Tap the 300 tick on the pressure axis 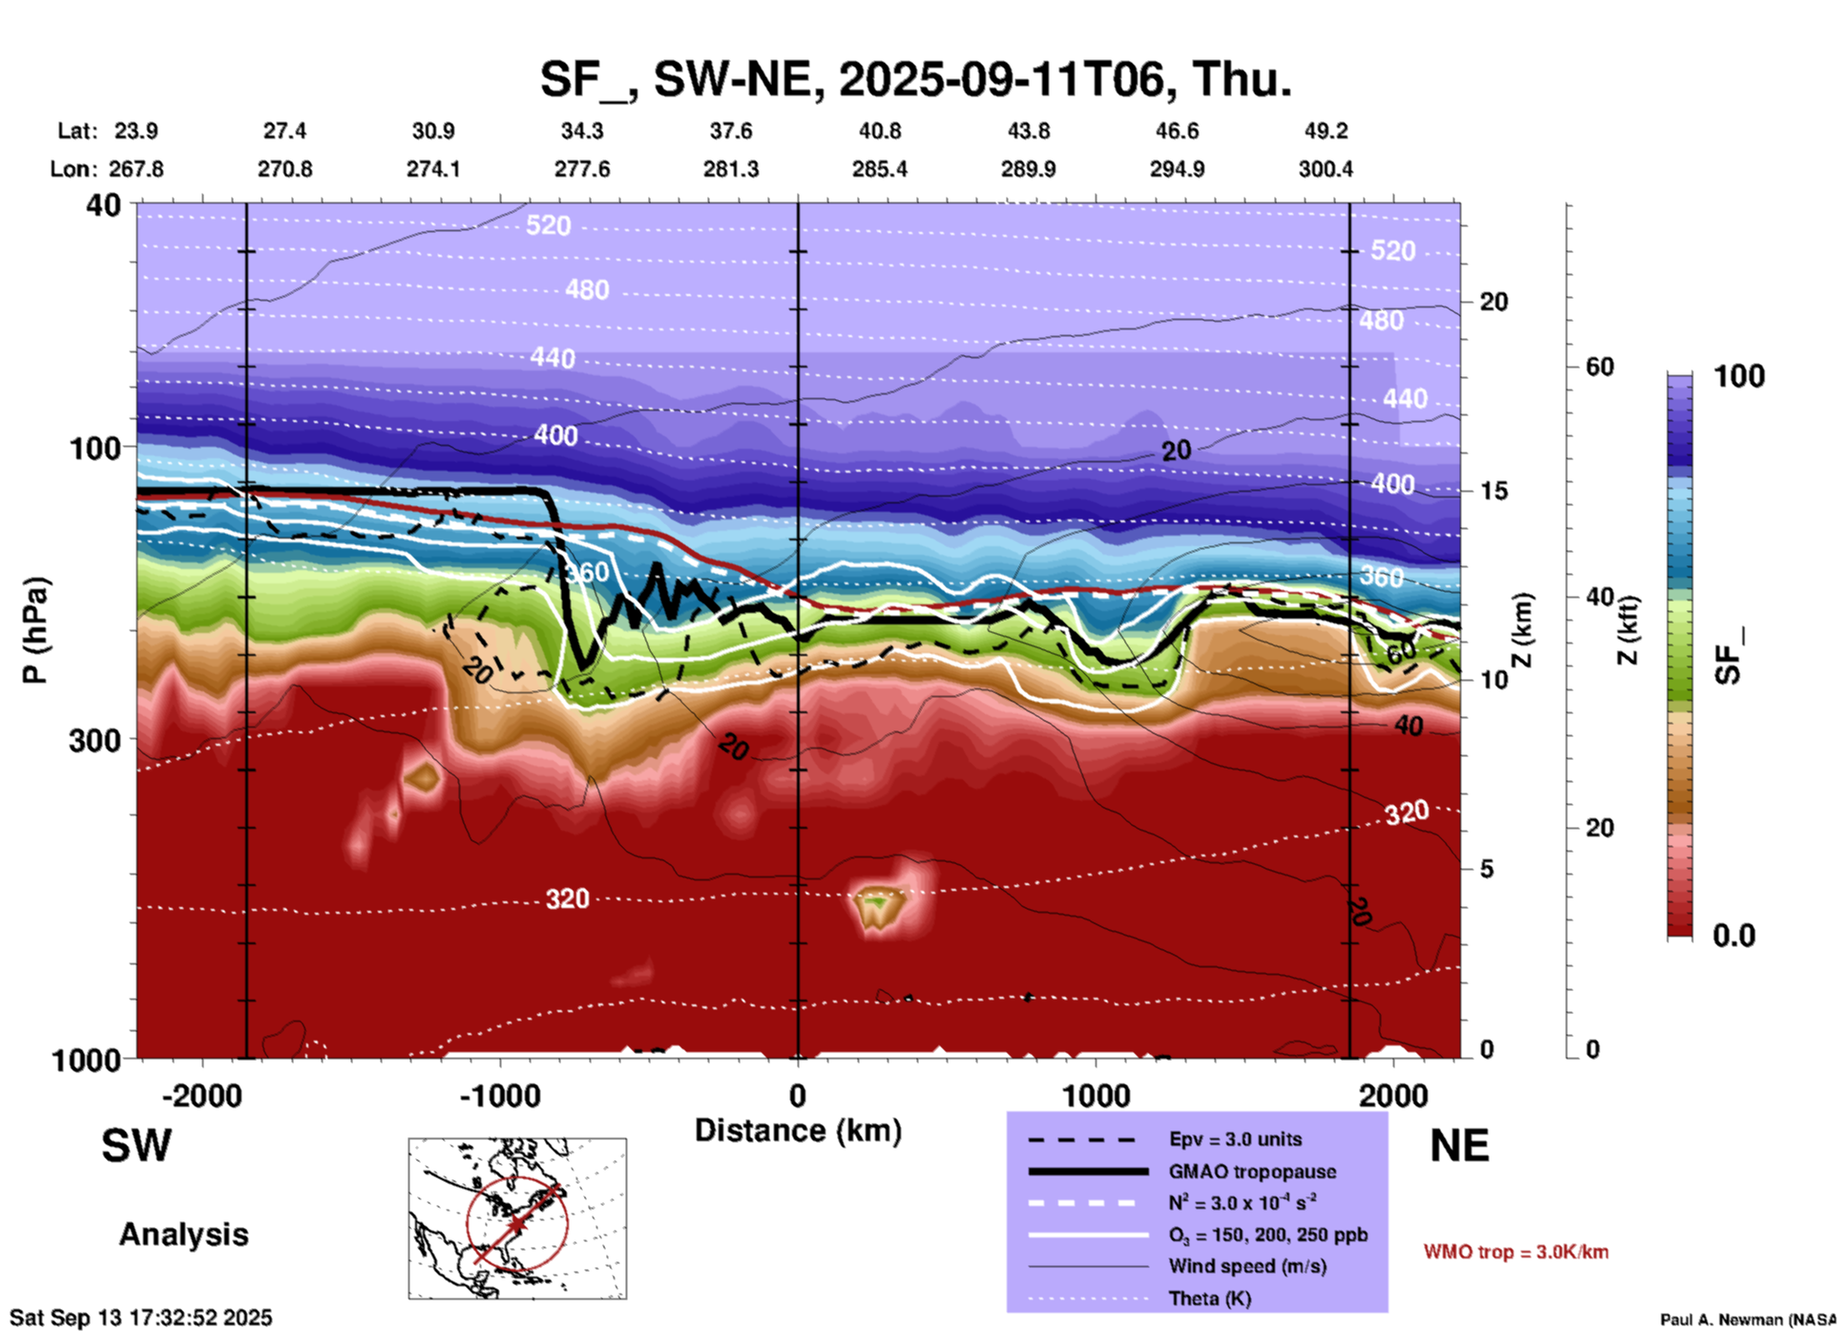[94, 740]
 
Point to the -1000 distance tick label [499, 1096]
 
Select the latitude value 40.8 [879, 131]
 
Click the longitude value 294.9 [1177, 169]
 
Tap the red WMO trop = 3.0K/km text [1515, 1252]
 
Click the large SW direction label [136, 1146]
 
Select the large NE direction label [1458, 1146]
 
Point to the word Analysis [183, 1235]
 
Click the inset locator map [517, 1218]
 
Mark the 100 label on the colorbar [1739, 376]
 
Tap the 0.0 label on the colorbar [1733, 936]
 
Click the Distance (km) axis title [798, 1130]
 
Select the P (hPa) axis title [35, 630]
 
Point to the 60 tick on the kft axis [1598, 367]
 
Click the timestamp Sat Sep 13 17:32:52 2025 [141, 1318]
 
